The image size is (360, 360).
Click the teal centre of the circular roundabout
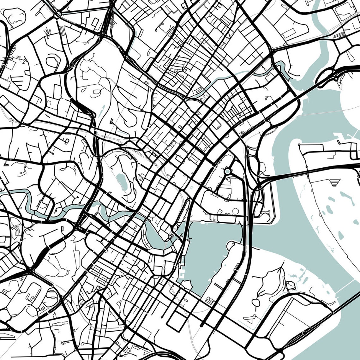point(228,171)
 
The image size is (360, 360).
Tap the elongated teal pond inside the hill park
point(122,180)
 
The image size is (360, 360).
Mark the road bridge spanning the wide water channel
point(284,176)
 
